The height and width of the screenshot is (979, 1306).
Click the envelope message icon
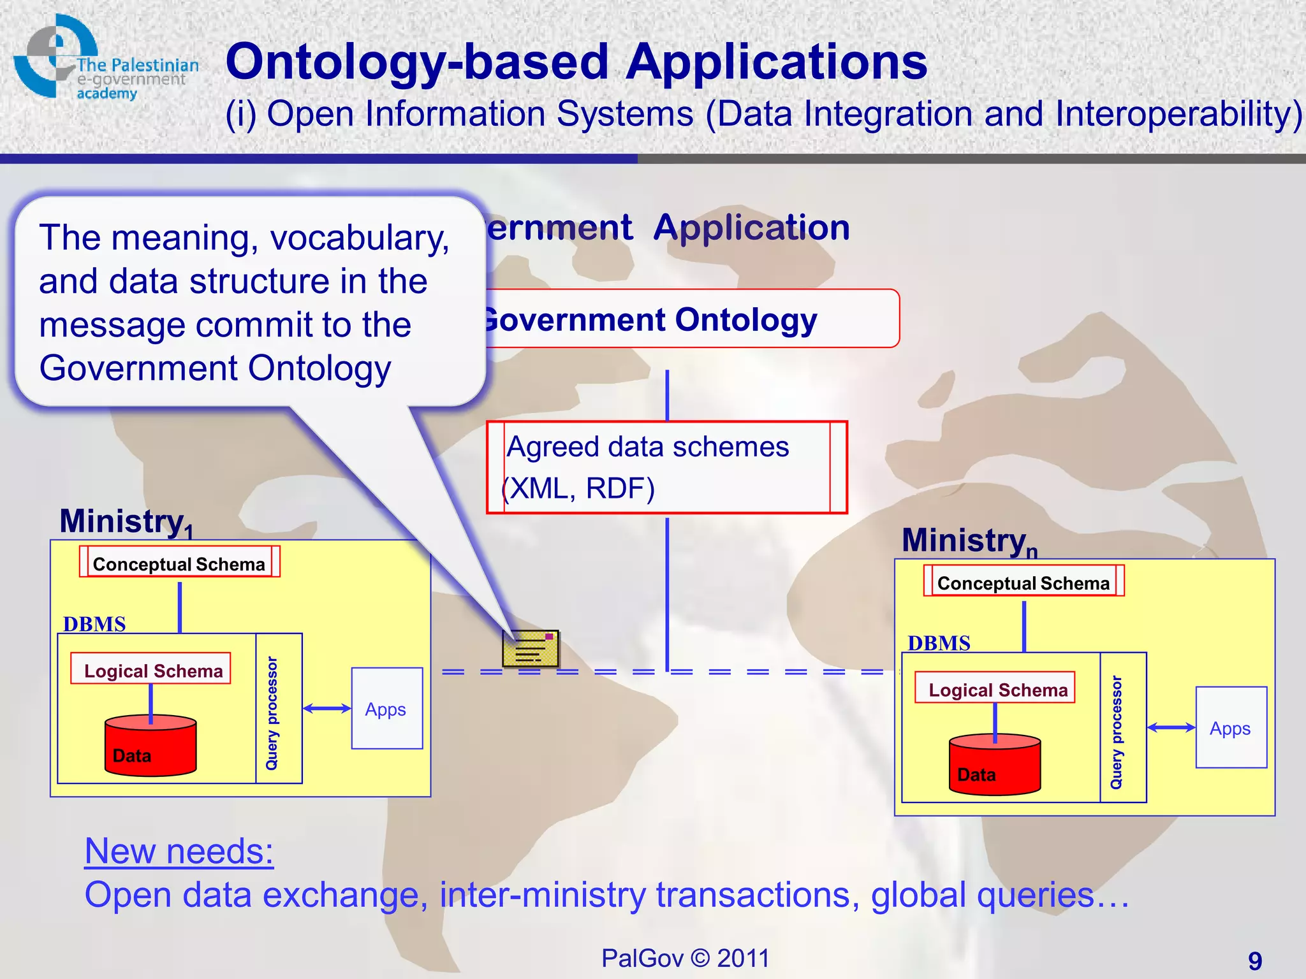(x=531, y=649)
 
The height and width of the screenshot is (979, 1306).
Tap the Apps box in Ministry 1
(x=387, y=708)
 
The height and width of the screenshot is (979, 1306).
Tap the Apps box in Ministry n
(x=1231, y=727)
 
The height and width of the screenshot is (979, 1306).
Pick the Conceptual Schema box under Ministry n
(x=1024, y=582)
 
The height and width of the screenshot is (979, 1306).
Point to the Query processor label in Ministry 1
(x=272, y=713)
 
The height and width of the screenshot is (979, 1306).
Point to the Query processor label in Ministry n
(x=1117, y=732)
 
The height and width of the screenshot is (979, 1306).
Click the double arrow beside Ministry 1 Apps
(x=326, y=708)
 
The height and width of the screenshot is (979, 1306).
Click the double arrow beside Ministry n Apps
(x=1171, y=727)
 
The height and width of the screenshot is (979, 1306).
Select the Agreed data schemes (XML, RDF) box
(x=666, y=467)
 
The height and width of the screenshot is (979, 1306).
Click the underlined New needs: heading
(x=179, y=851)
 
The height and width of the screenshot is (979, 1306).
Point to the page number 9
(x=1254, y=960)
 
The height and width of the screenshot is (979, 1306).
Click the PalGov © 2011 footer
(x=686, y=958)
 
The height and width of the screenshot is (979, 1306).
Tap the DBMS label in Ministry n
(x=939, y=643)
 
